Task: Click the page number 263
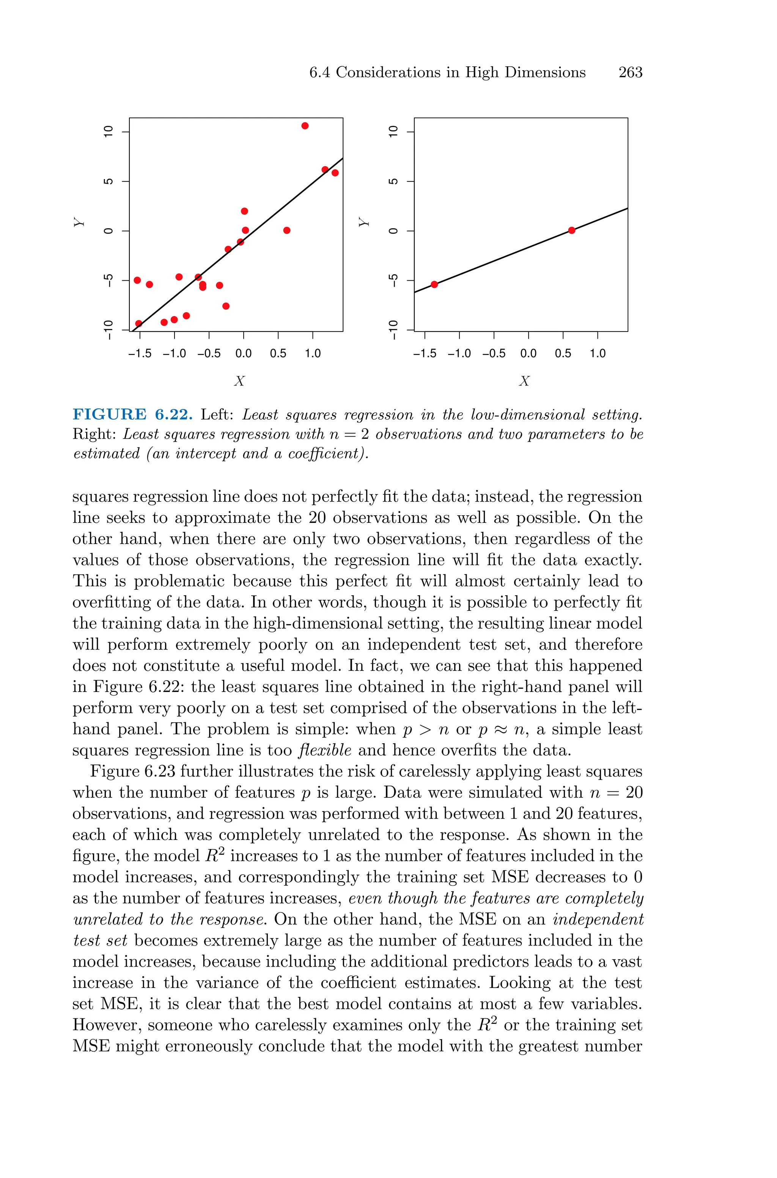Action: click(630, 72)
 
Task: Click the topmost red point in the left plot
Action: click(305, 126)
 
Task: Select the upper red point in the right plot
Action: click(571, 230)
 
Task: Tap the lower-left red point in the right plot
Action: click(434, 284)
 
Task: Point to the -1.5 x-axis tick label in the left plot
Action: click(140, 354)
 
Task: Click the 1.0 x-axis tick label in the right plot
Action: click(598, 354)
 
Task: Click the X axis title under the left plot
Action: click(239, 381)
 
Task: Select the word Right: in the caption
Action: click(94, 434)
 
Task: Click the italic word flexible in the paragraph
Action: click(325, 750)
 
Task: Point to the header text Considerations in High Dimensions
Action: click(460, 72)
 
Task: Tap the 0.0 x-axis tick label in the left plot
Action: click(243, 354)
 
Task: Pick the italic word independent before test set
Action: click(598, 919)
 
